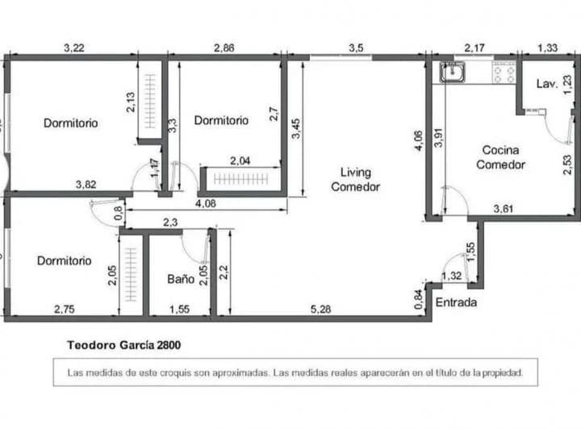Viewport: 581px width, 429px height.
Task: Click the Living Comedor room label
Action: (x=355, y=180)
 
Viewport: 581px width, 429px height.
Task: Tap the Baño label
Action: (x=181, y=279)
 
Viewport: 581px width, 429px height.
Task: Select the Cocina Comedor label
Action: (x=500, y=157)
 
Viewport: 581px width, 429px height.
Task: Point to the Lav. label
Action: (x=547, y=84)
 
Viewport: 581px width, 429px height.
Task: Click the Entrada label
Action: (x=456, y=302)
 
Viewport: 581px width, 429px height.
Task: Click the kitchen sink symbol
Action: (x=453, y=72)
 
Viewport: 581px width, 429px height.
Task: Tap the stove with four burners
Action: (x=504, y=73)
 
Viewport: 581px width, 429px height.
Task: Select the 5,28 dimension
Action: (x=320, y=309)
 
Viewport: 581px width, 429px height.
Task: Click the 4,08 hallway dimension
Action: (x=206, y=203)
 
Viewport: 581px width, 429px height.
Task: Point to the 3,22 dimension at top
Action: (x=74, y=48)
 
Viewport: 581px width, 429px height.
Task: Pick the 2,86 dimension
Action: (x=224, y=48)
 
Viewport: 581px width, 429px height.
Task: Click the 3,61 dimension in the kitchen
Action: (x=504, y=209)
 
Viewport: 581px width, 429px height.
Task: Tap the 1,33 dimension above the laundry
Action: (x=548, y=48)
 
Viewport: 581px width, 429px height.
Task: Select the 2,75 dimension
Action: (x=65, y=309)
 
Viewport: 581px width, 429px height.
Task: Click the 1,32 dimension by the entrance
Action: (x=452, y=276)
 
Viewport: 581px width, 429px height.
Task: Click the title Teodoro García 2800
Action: (x=123, y=345)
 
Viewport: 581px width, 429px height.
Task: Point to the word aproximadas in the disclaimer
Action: (x=240, y=373)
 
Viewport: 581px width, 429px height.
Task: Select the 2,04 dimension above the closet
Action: (x=240, y=160)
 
